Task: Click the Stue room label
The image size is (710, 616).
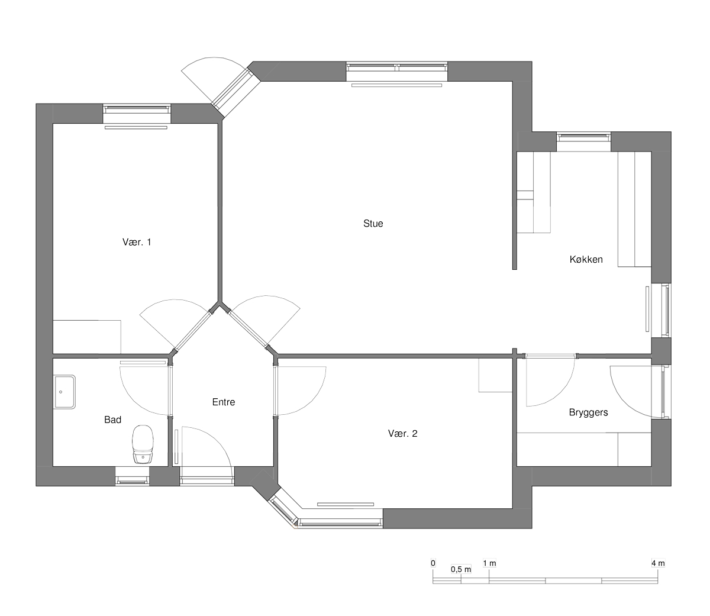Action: (x=373, y=224)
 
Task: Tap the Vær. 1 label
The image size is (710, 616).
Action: (x=137, y=242)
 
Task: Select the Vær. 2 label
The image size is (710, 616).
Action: (x=402, y=434)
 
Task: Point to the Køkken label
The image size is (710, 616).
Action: (x=586, y=259)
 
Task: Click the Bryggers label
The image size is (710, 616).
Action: (x=588, y=412)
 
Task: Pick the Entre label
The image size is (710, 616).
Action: (x=224, y=402)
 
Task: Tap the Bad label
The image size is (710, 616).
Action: (x=113, y=420)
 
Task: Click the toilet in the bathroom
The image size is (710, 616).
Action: (x=143, y=444)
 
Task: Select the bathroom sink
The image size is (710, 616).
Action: (x=64, y=392)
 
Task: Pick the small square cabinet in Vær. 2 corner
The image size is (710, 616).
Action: (x=496, y=375)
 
